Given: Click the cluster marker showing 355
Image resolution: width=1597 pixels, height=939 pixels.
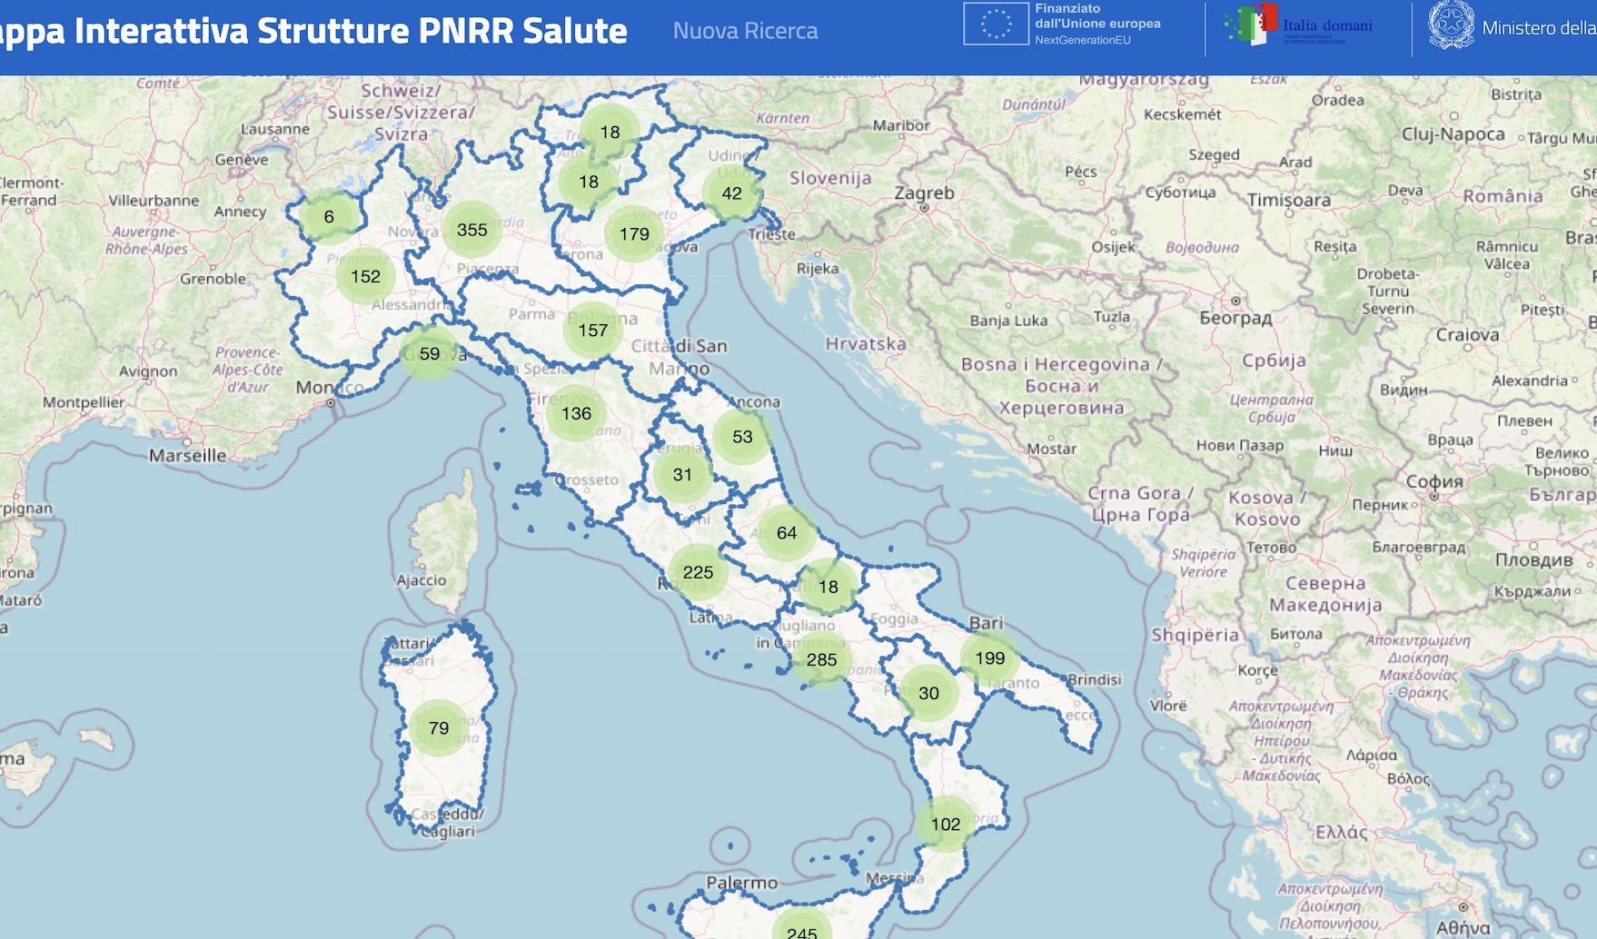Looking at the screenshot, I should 472,230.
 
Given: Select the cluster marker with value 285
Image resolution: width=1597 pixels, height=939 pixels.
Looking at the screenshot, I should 821,659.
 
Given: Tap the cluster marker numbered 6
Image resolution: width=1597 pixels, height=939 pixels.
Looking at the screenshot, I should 329,216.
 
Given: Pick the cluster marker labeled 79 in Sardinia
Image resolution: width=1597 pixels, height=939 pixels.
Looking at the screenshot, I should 439,727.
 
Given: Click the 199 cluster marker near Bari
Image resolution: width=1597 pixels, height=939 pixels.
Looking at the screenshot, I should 989,657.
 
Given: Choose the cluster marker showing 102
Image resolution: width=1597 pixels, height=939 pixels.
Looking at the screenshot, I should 945,824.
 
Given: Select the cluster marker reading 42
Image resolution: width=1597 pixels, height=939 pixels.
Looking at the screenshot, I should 731,193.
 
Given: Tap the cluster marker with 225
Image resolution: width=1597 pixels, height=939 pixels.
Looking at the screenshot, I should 698,571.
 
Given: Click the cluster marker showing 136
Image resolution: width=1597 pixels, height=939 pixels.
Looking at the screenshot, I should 576,413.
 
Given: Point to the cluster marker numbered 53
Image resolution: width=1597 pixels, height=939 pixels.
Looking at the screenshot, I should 742,436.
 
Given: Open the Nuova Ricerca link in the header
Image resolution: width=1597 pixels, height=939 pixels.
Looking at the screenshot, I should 745,31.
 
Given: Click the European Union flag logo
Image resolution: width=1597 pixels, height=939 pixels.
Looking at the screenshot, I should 996,25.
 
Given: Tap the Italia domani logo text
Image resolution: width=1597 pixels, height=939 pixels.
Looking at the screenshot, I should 1327,25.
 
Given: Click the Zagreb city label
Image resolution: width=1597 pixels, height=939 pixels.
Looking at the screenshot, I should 924,193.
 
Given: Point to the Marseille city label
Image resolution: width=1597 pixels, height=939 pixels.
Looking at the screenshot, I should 188,455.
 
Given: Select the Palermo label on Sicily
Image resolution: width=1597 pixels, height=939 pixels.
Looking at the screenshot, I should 742,882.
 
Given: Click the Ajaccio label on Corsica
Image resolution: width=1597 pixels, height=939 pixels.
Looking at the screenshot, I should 422,579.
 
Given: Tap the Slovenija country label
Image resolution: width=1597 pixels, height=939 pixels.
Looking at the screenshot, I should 830,178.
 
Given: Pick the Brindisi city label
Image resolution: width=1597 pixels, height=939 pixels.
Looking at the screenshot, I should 1095,679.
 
